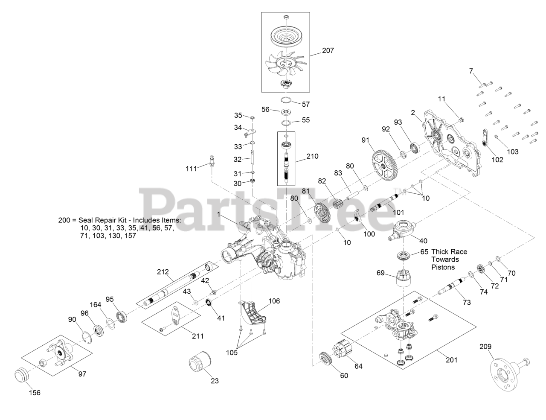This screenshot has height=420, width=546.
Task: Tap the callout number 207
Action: (x=328, y=50)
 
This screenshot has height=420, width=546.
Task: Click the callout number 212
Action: (x=163, y=271)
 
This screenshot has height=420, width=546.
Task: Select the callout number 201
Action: (x=451, y=360)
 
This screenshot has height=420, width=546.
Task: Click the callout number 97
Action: (x=82, y=374)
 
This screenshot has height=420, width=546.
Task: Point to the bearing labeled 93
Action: (x=415, y=149)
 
